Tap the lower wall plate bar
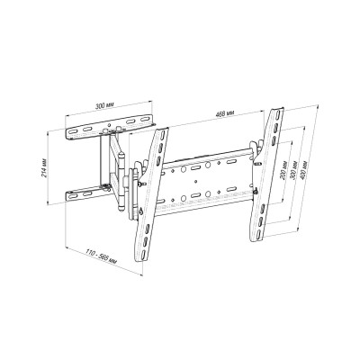pos(93,191)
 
